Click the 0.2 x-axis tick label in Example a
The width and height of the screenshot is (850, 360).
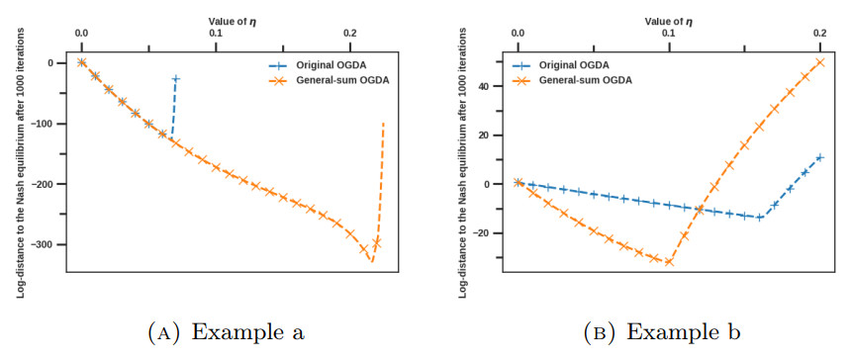pos(350,34)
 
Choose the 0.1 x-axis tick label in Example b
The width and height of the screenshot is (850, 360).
pos(669,34)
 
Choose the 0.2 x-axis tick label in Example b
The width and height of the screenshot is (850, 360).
pos(819,34)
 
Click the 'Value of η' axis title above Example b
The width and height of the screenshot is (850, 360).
pos(669,20)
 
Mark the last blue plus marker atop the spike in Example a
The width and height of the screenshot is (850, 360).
pos(176,78)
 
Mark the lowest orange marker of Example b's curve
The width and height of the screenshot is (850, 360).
pos(669,262)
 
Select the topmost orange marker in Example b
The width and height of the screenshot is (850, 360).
pos(819,62)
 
